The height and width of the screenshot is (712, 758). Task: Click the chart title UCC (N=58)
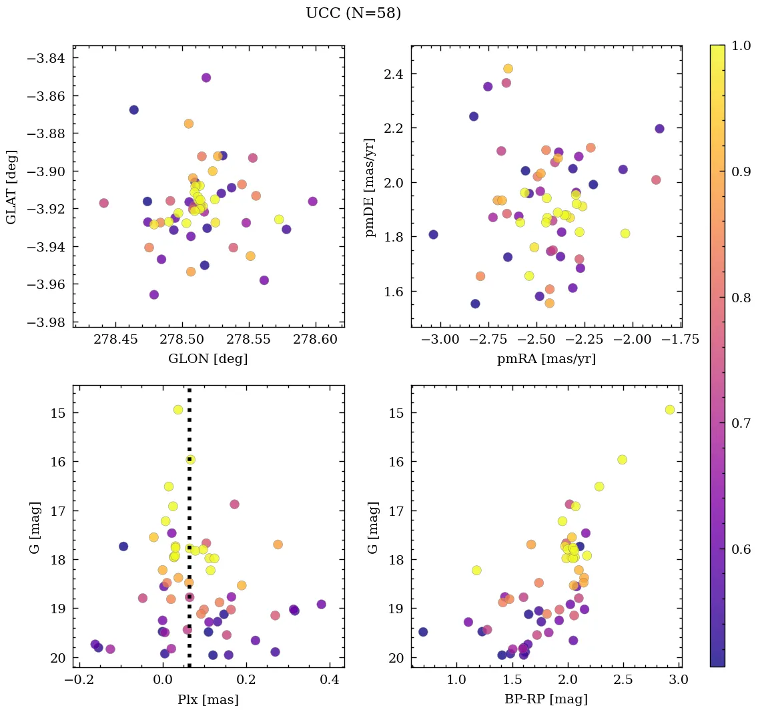(353, 13)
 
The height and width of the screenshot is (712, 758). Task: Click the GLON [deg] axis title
(208, 359)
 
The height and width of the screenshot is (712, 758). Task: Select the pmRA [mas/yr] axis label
(546, 359)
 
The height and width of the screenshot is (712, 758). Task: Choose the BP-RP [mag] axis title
(546, 700)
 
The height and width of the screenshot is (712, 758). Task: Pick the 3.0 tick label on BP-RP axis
(679, 680)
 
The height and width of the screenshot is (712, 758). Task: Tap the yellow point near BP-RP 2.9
(669, 410)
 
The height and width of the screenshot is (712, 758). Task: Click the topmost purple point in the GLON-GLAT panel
(206, 78)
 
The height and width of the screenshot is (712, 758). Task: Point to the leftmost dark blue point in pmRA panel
(433, 234)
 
